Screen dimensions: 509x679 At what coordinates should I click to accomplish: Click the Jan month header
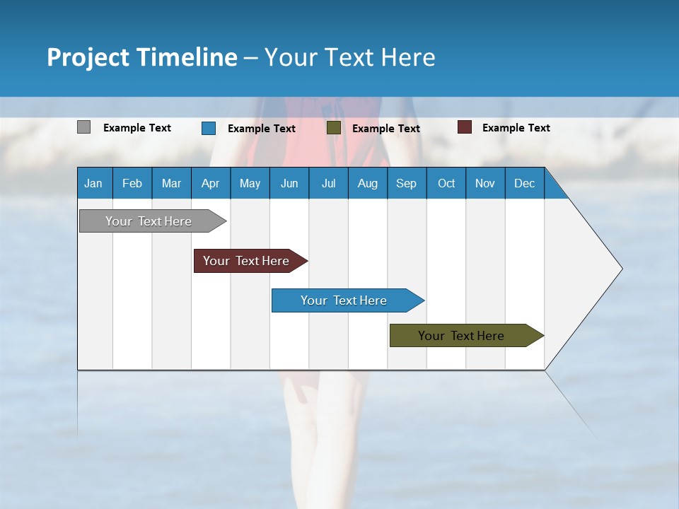pyautogui.click(x=93, y=183)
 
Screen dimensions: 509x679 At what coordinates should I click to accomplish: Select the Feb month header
pyautogui.click(x=132, y=183)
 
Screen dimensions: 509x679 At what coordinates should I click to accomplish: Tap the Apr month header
pyautogui.click(x=210, y=183)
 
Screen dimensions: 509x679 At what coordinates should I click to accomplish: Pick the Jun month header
pyautogui.click(x=289, y=183)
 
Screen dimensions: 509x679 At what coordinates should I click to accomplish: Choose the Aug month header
pyautogui.click(x=367, y=183)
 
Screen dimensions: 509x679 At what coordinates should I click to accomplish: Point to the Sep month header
pyautogui.click(x=406, y=183)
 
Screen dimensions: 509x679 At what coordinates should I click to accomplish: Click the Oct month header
pyautogui.click(x=446, y=183)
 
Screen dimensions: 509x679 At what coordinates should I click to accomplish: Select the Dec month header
pyautogui.click(x=524, y=183)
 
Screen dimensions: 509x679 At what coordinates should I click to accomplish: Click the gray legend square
pyautogui.click(x=83, y=127)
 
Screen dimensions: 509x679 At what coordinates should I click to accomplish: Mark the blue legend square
pyautogui.click(x=209, y=128)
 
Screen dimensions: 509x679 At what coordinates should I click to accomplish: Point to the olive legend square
pyautogui.click(x=334, y=128)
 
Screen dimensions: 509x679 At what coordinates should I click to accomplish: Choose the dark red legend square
pyautogui.click(x=465, y=127)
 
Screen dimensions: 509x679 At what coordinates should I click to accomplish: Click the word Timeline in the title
pyautogui.click(x=187, y=57)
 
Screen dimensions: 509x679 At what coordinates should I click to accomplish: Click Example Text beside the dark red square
pyautogui.click(x=516, y=128)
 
